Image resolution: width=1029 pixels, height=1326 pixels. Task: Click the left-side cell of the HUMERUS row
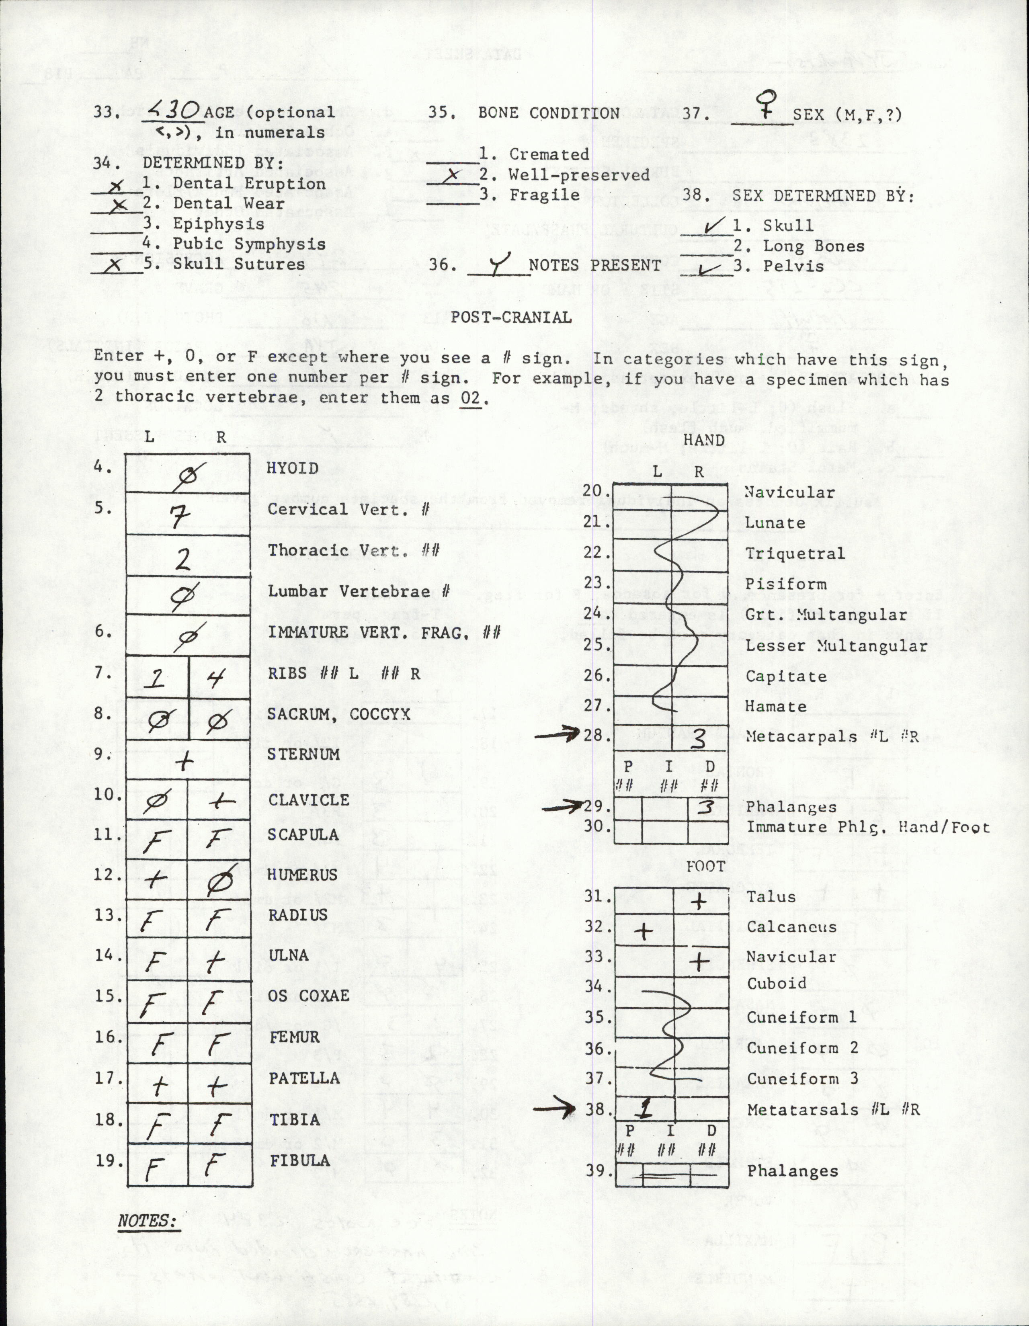(x=157, y=878)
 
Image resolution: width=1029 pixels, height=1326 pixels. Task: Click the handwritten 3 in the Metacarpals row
(x=699, y=739)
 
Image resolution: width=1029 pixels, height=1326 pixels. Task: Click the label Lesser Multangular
(x=836, y=646)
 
